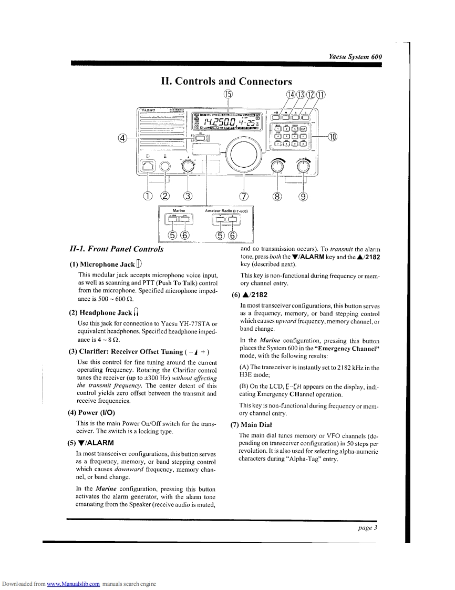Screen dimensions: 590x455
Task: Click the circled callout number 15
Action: (228, 95)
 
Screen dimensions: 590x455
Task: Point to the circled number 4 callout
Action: (123, 138)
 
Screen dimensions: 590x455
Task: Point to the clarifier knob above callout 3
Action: (187, 167)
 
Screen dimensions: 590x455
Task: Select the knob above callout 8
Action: (277, 167)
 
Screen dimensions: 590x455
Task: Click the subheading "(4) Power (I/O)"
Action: (92, 412)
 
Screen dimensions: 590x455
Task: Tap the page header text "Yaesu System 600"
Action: (355, 56)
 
